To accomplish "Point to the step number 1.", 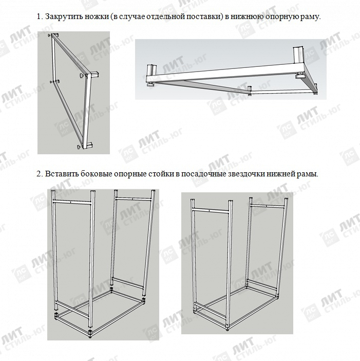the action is coord(40,16).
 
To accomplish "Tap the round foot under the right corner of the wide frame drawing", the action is coord(299,75).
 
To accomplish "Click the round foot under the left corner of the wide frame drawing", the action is coord(151,84).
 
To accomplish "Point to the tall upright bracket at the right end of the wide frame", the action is coord(298,55).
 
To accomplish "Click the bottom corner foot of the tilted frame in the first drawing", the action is coord(80,146).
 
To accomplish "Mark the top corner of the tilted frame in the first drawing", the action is coord(54,35).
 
